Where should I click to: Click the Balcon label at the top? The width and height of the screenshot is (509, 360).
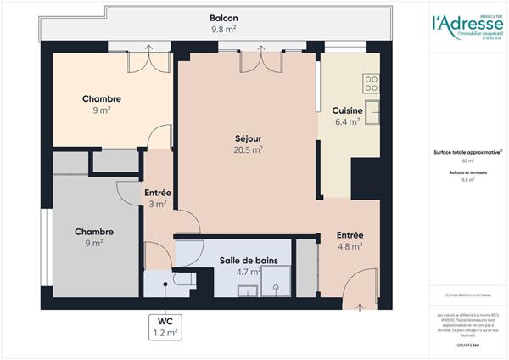224,18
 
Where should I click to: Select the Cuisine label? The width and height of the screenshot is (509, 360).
348,110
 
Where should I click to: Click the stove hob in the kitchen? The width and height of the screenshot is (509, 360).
371,83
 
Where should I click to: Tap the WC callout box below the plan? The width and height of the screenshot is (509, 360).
165,327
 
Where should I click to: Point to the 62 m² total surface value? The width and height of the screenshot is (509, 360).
467,160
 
